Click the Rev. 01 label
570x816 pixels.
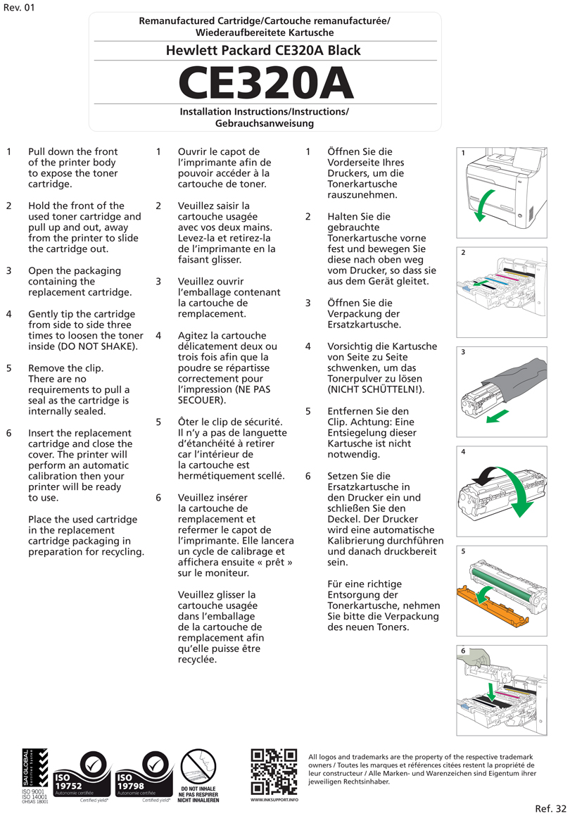[19, 8]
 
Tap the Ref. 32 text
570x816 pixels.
[550, 808]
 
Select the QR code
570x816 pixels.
[274, 772]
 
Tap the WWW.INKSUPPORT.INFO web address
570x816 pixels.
[274, 800]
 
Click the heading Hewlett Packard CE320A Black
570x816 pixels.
[263, 51]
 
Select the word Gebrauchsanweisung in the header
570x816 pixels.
[264, 123]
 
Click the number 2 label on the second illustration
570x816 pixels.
[464, 252]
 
